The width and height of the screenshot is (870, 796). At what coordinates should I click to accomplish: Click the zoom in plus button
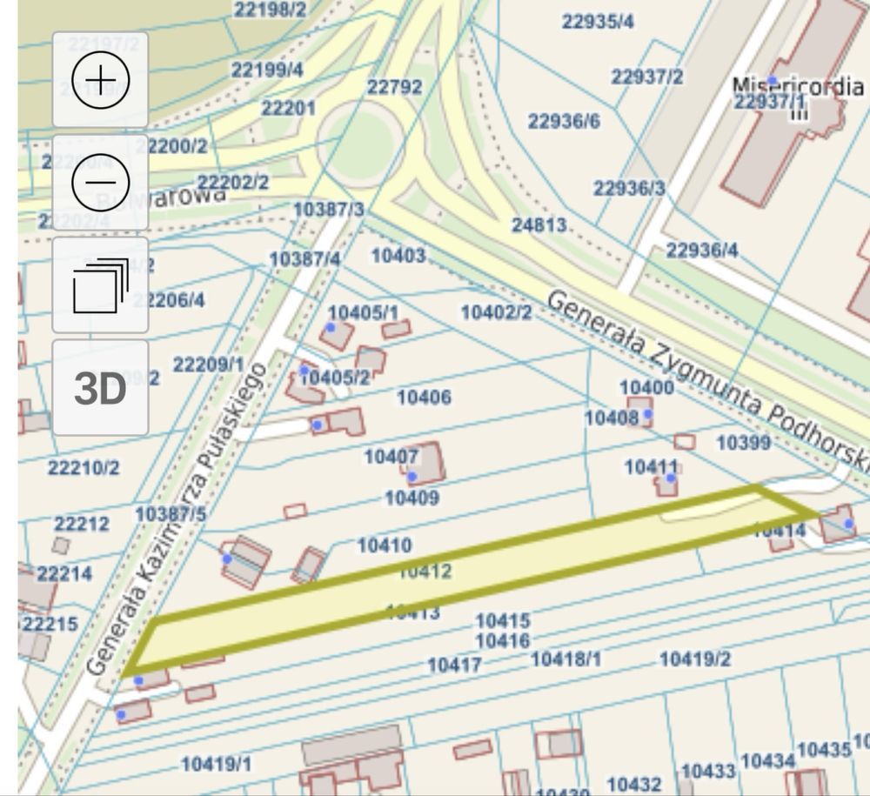click(x=100, y=80)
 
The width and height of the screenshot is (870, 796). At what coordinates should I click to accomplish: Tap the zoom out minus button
click(x=100, y=182)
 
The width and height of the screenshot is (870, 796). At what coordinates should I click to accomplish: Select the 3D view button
click(x=100, y=388)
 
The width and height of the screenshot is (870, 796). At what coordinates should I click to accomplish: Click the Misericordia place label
click(x=798, y=86)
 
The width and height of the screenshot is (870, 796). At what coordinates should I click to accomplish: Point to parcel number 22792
click(x=394, y=87)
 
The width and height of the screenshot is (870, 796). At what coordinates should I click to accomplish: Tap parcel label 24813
click(x=539, y=225)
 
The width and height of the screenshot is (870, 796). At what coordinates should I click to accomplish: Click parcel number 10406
click(x=424, y=397)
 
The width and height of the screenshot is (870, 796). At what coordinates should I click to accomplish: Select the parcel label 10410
click(x=385, y=545)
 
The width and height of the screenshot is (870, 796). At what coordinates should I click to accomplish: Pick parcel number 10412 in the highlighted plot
click(x=425, y=572)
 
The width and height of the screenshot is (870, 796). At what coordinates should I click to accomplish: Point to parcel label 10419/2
click(x=695, y=659)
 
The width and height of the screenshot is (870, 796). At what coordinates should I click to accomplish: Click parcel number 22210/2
click(x=84, y=468)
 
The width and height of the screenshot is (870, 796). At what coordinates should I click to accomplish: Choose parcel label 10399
click(x=743, y=443)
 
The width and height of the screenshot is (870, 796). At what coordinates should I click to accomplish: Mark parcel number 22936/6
click(x=564, y=121)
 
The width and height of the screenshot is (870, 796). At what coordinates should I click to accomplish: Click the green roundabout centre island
click(x=360, y=143)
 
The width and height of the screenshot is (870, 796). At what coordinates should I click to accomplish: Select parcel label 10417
click(x=454, y=666)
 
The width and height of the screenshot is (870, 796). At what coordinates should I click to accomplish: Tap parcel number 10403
click(x=398, y=255)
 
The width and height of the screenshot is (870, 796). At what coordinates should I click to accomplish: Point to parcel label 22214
click(x=64, y=574)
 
